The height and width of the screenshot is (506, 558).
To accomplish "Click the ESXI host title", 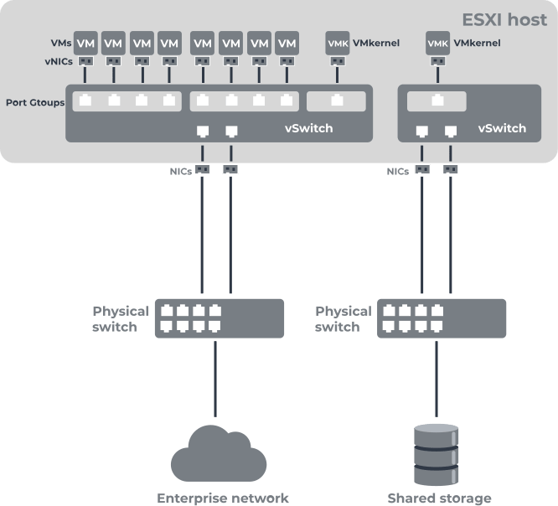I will click(x=504, y=19).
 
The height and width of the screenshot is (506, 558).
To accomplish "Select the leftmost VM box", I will click(x=85, y=42).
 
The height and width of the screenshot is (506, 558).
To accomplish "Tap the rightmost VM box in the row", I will click(x=287, y=42).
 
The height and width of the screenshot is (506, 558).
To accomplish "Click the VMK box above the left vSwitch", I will click(x=337, y=42).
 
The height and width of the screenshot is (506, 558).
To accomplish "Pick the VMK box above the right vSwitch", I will click(x=437, y=42).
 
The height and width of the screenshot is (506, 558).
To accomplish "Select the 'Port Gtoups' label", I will click(x=35, y=102).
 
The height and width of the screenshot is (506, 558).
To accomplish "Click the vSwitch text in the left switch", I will click(x=309, y=128).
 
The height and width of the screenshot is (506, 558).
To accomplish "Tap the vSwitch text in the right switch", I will click(x=502, y=128).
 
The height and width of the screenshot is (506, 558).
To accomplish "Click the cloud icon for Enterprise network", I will click(x=219, y=457).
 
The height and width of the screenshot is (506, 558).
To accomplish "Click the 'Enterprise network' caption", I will click(x=223, y=498).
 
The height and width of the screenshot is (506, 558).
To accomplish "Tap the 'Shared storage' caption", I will click(x=439, y=498).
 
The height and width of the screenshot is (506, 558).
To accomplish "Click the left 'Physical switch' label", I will click(x=121, y=318).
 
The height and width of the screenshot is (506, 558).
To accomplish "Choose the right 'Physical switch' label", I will click(x=343, y=318).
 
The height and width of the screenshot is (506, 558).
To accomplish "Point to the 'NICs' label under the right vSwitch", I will click(x=398, y=170).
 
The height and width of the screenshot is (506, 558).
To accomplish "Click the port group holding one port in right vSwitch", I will click(x=437, y=101).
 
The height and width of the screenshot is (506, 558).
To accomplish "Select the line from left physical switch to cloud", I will click(x=215, y=377).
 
